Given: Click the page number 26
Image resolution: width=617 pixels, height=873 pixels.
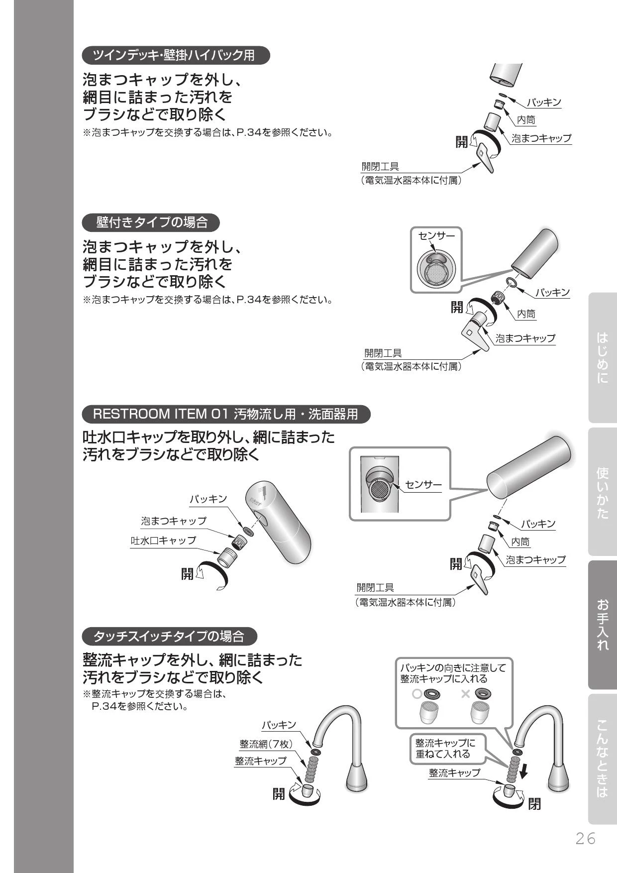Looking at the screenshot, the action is coord(585,839).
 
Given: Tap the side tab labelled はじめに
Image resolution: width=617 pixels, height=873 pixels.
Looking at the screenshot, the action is coord(602,357).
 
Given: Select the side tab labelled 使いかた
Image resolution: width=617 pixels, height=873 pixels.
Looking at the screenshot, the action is coord(602,492).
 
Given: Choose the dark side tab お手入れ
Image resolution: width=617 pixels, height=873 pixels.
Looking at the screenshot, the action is coord(602,625).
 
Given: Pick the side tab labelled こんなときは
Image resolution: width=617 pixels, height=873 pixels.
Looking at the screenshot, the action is coord(602,759).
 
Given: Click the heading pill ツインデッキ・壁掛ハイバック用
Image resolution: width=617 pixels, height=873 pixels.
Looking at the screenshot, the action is coord(176,55).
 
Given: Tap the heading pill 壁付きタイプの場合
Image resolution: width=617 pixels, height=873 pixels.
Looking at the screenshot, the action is coord(151,222).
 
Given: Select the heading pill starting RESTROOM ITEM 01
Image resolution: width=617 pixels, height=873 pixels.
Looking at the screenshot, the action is coord(226,414).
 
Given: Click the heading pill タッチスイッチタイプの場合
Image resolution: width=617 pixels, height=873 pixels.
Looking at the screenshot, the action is coord(170,636).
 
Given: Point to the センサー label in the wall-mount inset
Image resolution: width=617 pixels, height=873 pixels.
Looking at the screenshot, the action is coord(436,236).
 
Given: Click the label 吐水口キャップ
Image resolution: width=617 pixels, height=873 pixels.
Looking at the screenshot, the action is coord(163,541).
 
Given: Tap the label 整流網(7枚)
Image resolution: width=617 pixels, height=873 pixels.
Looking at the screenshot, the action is coord(266,744).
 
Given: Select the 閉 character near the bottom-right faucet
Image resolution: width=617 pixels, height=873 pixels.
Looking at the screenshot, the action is coord(534,804).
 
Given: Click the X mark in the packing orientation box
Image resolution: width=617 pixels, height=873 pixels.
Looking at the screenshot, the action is coord(465,694).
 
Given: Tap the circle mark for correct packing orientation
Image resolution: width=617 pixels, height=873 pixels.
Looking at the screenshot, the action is coord(417,694).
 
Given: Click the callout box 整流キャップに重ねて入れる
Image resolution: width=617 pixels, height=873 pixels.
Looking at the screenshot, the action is coord(445,749).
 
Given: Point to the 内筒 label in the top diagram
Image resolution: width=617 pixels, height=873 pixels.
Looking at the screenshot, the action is coord(526,120).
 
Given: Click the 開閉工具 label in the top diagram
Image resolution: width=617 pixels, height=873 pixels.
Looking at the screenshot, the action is coord(380,167).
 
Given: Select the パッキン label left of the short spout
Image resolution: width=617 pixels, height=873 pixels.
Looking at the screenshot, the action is coord(208,499).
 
